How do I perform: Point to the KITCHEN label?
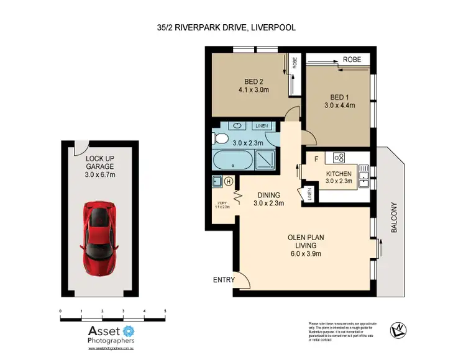pyautogui.click(x=339, y=174)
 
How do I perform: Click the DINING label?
pyautogui.click(x=269, y=194)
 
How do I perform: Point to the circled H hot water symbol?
pyautogui.click(x=229, y=182)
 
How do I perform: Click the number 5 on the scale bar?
pyautogui.click(x=165, y=310)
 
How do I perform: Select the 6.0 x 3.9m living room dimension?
pyautogui.click(x=303, y=253)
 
